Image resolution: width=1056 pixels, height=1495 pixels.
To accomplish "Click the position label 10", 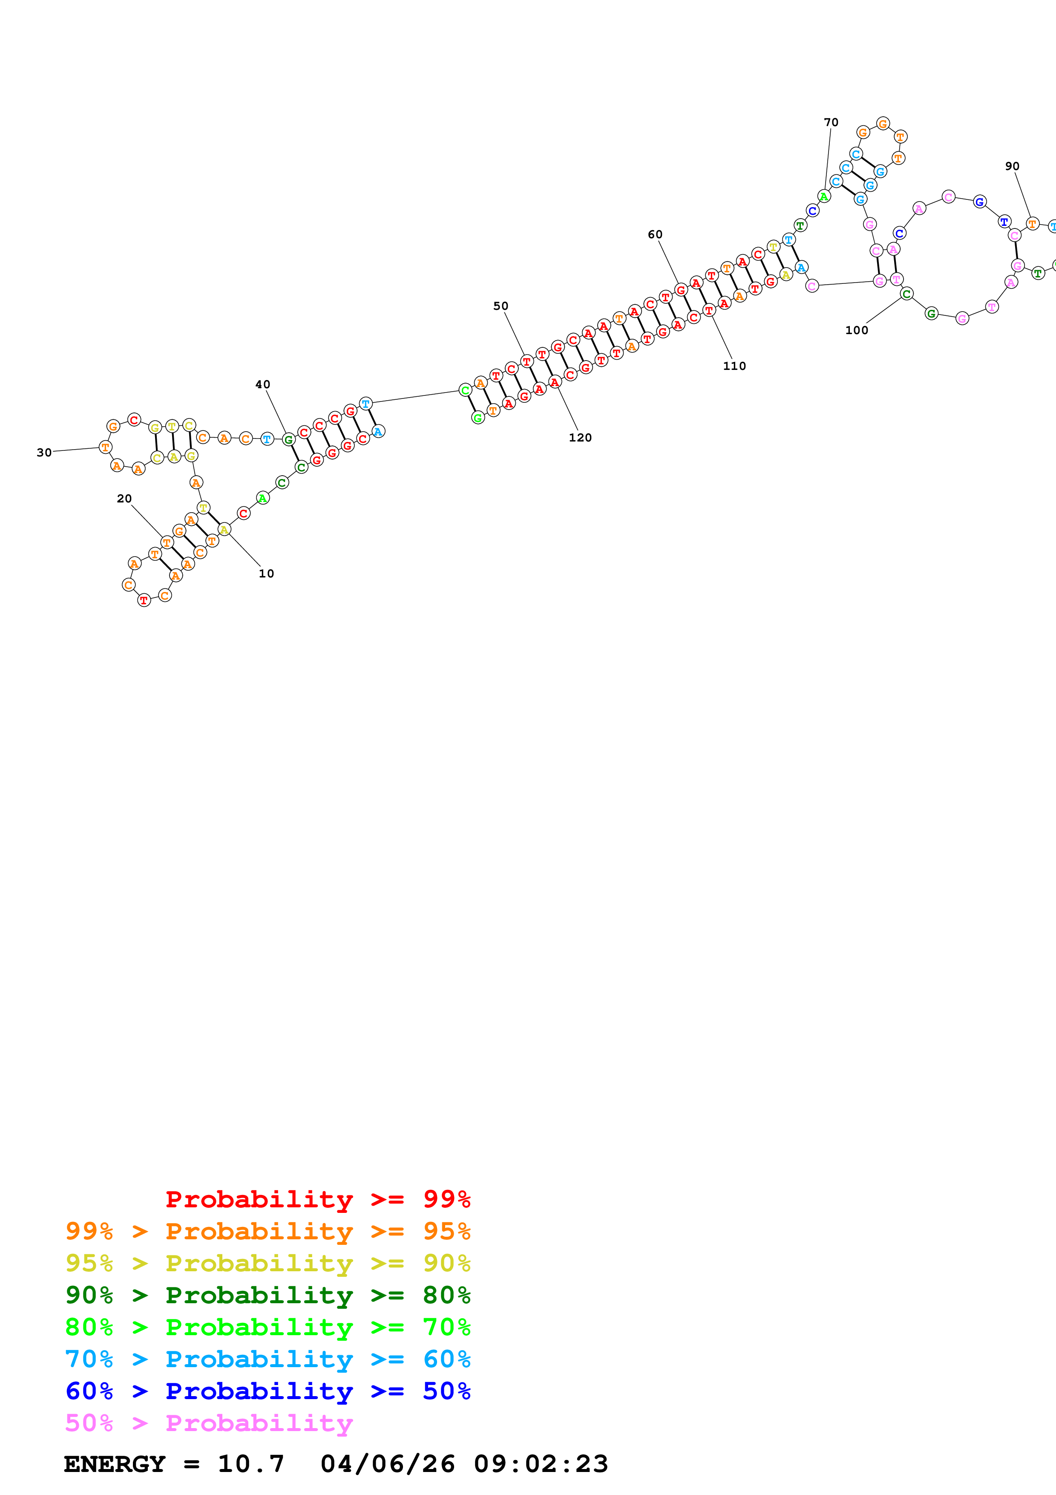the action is pyautogui.click(x=266, y=574).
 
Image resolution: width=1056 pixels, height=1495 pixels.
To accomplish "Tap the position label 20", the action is pyautogui.click(x=124, y=499).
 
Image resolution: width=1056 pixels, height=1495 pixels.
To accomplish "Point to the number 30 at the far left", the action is pyautogui.click(x=44, y=453).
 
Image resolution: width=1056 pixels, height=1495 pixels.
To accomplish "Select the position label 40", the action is pyautogui.click(x=263, y=385).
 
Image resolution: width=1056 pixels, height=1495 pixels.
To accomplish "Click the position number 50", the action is pyautogui.click(x=501, y=306).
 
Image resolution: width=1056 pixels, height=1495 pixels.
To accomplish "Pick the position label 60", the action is pyautogui.click(x=655, y=234).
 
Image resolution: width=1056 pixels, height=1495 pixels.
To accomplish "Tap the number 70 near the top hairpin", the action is pyautogui.click(x=831, y=122).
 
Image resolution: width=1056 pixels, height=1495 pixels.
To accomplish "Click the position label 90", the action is pyautogui.click(x=1012, y=167).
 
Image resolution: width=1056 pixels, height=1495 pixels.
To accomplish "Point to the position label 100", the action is pyautogui.click(x=856, y=331).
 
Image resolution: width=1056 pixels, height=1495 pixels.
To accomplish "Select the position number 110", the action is pyautogui.click(x=734, y=366).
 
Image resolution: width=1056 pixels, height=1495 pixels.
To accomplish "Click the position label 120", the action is pyautogui.click(x=580, y=438).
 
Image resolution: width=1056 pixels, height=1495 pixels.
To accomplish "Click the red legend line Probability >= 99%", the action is pyautogui.click(x=317, y=1199).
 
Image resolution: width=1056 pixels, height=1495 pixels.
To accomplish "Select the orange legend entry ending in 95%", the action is pyautogui.click(x=268, y=1231).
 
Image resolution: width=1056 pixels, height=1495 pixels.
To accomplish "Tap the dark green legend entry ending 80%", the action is pyautogui.click(x=268, y=1295).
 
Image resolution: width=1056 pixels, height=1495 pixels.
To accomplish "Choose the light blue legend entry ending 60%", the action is pyautogui.click(x=268, y=1359).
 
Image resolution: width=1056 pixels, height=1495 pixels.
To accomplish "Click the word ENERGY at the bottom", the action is pyautogui.click(x=115, y=1464).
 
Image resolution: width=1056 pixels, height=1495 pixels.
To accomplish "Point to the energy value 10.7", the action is pyautogui.click(x=251, y=1464).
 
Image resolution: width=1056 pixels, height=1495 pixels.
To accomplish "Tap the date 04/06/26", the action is pyautogui.click(x=388, y=1464).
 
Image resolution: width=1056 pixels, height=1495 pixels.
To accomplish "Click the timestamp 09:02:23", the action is pyautogui.click(x=541, y=1464).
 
